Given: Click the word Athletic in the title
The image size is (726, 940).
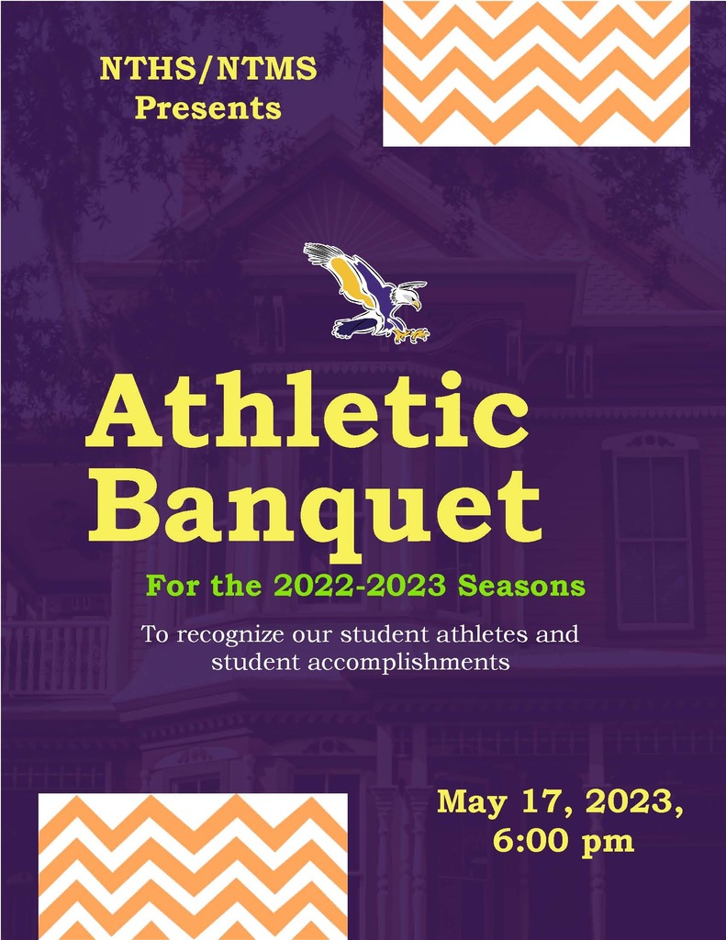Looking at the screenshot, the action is tap(307, 410).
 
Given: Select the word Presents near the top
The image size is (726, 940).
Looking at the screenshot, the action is tap(208, 108).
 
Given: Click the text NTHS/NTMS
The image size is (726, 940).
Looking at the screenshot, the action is tap(208, 68).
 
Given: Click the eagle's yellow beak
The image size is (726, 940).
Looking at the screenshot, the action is tap(417, 305).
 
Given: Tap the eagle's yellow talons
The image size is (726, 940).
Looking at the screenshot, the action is tap(414, 333).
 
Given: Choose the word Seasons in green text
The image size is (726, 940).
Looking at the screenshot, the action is tap(521, 586).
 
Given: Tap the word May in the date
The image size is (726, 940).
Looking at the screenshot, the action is tap(472, 802).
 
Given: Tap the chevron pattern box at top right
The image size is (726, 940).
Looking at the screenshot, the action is tap(537, 73).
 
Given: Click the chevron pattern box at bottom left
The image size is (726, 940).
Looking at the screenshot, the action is tap(193, 867).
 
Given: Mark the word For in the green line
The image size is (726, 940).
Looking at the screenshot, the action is tap(172, 586).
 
